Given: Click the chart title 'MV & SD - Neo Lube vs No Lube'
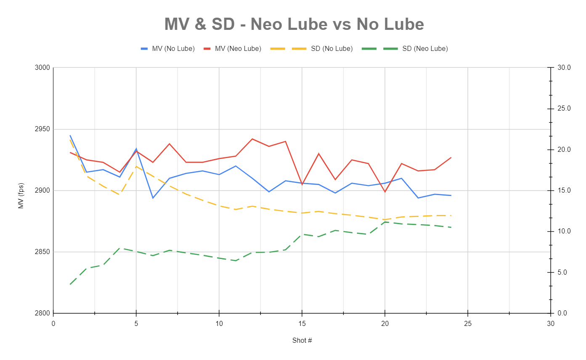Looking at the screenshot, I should pos(294,24).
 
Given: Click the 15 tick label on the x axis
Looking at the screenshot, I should pos(302,323).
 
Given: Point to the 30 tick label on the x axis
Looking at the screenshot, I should pos(550,323).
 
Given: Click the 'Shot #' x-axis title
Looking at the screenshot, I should pos(302,340).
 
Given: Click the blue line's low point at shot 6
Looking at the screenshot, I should pos(153,198).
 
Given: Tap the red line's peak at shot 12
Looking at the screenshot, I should pos(252,139).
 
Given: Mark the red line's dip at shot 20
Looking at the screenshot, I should pos(384,192).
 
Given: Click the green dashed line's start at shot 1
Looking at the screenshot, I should pos(70,284).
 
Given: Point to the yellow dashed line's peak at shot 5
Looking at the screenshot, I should pos(136,167).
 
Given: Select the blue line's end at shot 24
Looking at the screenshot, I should pos(451,196).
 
